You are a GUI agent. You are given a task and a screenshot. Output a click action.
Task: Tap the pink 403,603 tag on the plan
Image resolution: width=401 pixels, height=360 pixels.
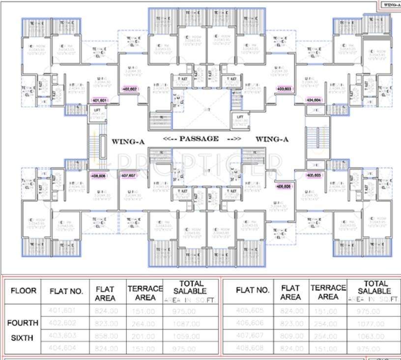tap(285, 89)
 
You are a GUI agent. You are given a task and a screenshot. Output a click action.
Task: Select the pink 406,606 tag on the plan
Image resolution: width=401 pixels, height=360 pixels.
tap(284, 187)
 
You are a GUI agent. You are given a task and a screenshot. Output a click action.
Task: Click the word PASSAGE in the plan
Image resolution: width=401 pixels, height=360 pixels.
tap(199, 139)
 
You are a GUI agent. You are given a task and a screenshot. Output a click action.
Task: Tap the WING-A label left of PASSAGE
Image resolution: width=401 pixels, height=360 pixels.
tap(128, 142)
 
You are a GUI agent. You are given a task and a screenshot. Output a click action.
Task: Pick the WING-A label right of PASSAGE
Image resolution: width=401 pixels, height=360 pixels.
tap(272, 139)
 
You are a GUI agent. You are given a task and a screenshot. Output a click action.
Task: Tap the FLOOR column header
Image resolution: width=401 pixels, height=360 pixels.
tap(23, 291)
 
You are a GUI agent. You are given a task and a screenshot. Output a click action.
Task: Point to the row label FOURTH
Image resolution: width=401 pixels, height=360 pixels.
tap(23, 323)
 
